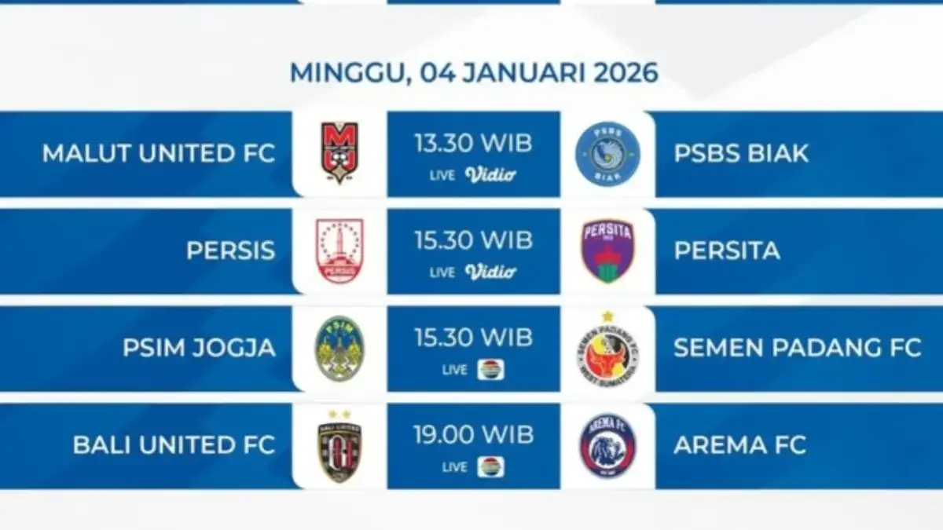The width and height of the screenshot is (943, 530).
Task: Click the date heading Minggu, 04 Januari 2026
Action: [474, 72]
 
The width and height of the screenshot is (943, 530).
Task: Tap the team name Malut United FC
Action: [159, 153]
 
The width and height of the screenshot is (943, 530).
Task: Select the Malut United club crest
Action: [339, 153]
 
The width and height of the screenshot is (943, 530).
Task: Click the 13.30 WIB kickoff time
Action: [473, 143]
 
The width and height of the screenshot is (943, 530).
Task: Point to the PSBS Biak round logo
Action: [607, 153]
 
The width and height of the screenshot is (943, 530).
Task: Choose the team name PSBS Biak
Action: [741, 153]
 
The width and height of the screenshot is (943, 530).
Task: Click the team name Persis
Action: [231, 250]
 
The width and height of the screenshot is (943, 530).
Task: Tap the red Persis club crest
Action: [339, 250]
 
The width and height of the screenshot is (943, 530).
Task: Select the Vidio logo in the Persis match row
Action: [490, 272]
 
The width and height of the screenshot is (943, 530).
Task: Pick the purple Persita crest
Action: [607, 250]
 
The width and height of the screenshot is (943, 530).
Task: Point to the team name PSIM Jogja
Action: [199, 348]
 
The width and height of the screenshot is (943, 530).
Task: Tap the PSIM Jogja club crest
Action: [339, 348]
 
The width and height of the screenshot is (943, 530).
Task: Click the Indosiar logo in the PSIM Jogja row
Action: [490, 369]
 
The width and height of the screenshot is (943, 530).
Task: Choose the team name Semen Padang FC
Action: [797, 348]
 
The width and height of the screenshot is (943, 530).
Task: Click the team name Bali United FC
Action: [174, 445]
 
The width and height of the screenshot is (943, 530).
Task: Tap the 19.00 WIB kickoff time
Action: [473, 435]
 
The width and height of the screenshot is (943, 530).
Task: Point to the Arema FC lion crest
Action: [607, 445]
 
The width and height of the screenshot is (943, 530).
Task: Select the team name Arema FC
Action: [739, 445]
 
